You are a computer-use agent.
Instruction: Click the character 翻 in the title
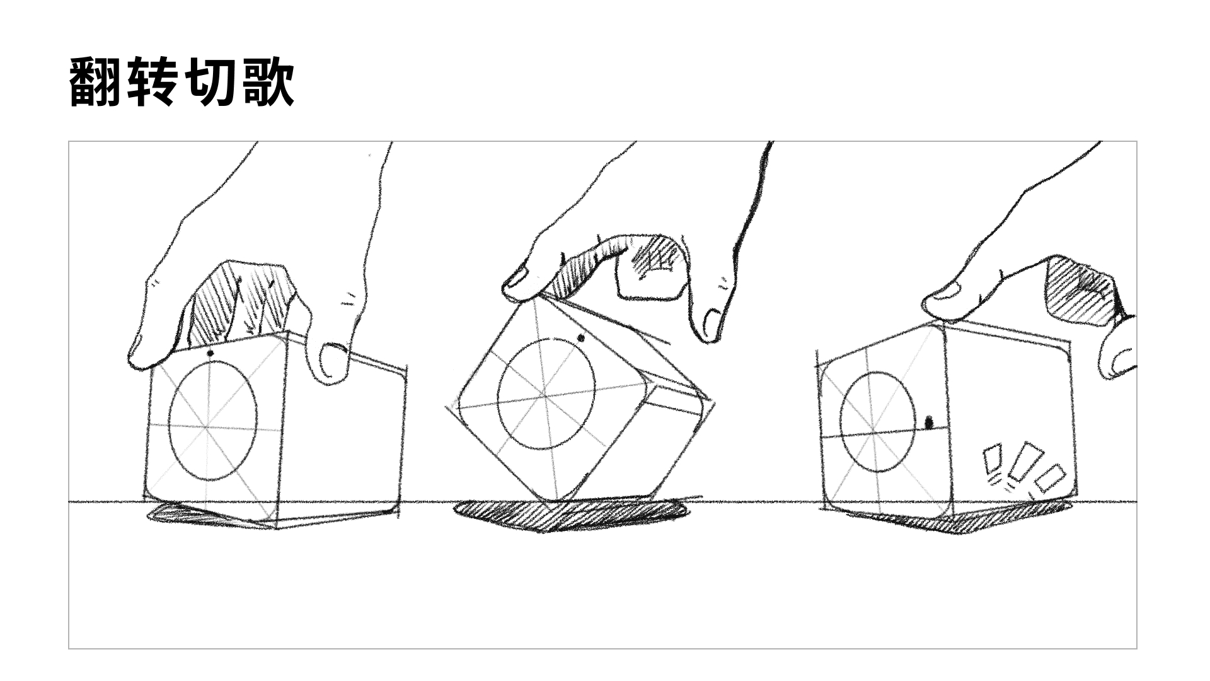coord(95,82)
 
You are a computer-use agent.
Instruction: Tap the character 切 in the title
coord(210,82)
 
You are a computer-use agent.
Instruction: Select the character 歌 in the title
coord(267,82)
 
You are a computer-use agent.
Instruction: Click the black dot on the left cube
coord(210,354)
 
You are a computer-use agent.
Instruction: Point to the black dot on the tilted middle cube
coord(580,339)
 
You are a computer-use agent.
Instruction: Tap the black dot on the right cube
coord(928,422)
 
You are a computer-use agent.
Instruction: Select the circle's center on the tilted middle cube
coord(545,394)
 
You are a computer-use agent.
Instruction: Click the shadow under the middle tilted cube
coord(567,515)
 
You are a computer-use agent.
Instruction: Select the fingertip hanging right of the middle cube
coord(709,325)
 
